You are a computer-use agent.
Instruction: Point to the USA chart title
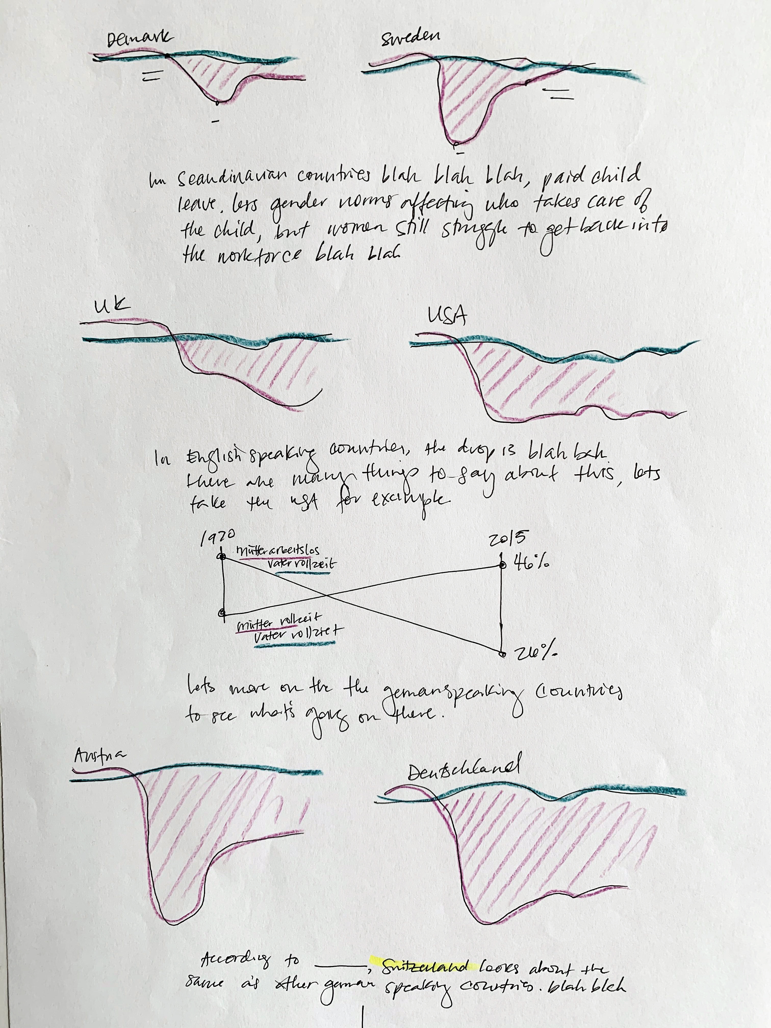tap(447, 316)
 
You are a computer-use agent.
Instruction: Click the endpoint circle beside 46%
tap(502, 566)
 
